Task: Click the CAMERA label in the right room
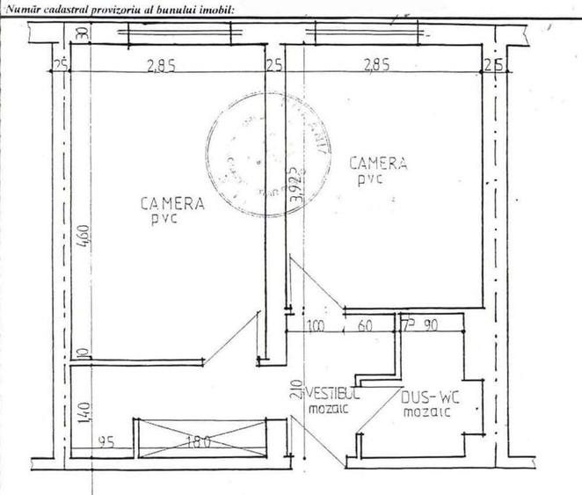coord(378,163)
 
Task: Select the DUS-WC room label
coord(430,397)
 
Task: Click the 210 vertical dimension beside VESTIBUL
coord(296,360)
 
